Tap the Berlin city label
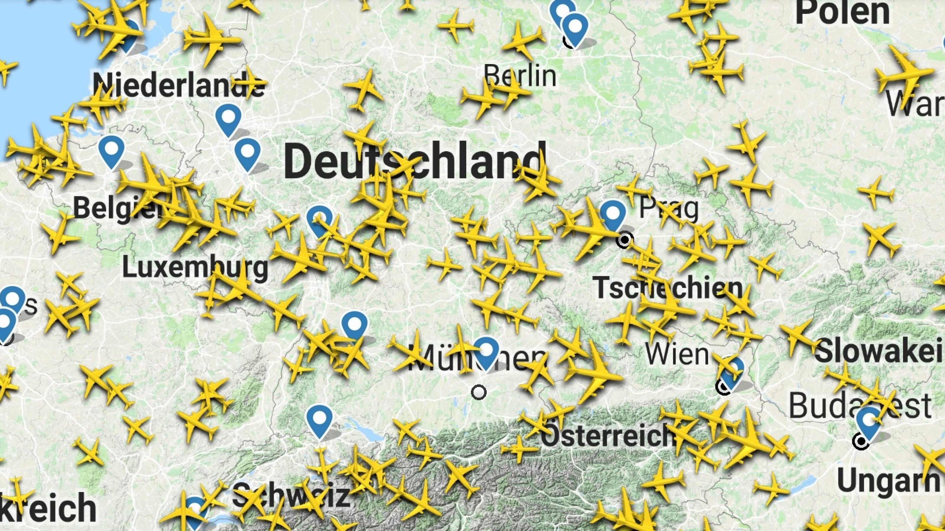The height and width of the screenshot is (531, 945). [x=520, y=76]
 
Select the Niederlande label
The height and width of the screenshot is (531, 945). [x=179, y=85]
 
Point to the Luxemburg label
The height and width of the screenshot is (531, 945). [x=195, y=268]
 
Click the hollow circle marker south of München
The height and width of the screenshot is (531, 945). [x=479, y=392]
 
